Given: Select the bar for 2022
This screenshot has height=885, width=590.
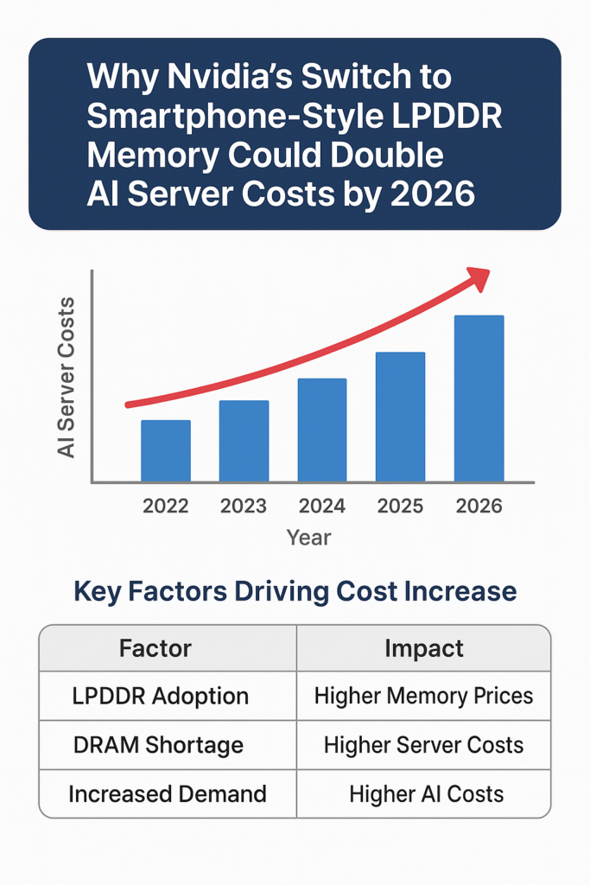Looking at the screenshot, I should [166, 450].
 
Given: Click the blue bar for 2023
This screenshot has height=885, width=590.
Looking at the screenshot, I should [244, 441].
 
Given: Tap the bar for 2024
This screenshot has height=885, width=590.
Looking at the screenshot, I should [322, 430].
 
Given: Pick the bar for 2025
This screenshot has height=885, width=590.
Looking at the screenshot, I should [400, 417].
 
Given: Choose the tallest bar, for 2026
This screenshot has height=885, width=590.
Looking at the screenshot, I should [479, 398].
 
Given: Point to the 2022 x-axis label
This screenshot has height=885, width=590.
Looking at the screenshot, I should [166, 506].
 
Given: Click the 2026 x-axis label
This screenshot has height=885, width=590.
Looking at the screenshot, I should [479, 506].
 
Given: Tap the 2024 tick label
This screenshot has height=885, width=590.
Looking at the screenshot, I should [322, 506].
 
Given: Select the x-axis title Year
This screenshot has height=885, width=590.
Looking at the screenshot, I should [308, 538].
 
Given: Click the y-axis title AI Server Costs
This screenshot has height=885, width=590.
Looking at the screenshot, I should [66, 377].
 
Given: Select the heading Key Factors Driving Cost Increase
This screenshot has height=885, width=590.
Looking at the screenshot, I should [295, 591].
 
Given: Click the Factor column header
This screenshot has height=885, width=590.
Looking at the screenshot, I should [155, 648].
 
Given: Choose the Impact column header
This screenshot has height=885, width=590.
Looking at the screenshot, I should [423, 648].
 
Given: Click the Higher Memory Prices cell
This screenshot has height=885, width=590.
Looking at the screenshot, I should [423, 696].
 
